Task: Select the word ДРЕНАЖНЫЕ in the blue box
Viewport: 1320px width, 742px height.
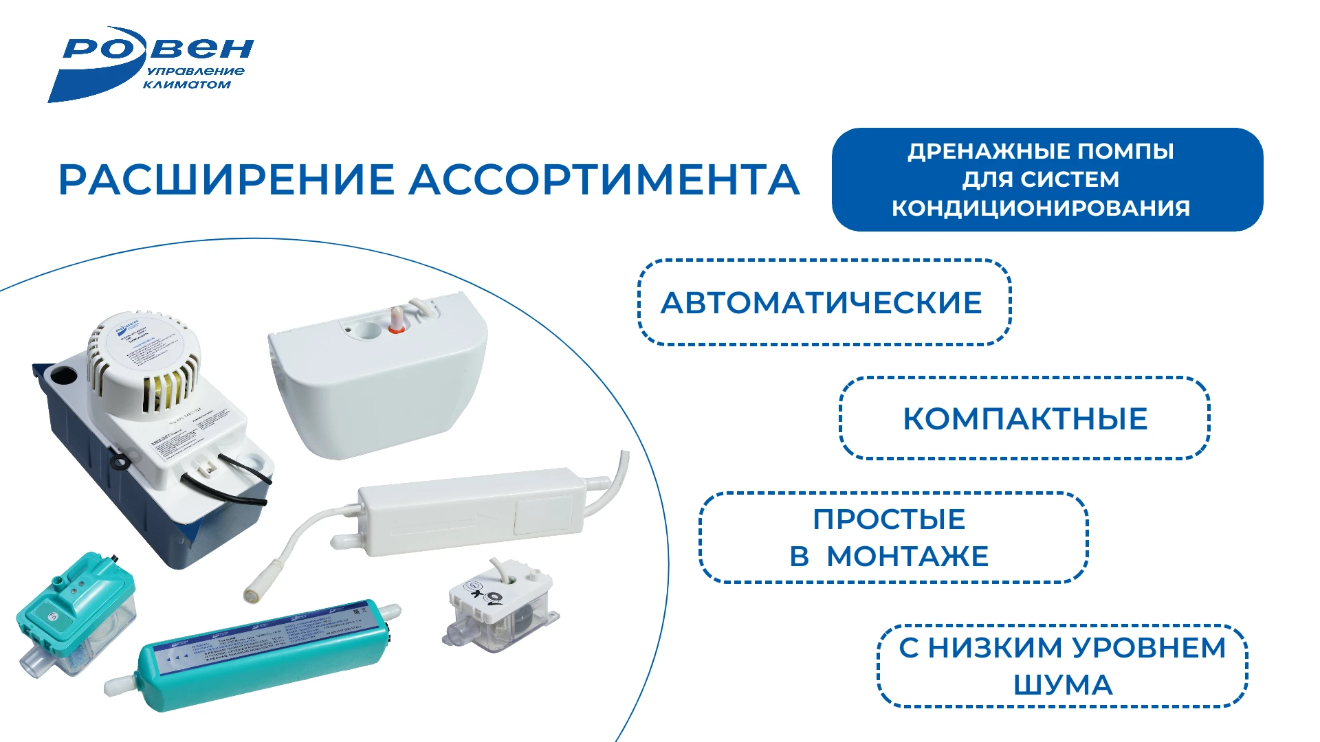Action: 988,151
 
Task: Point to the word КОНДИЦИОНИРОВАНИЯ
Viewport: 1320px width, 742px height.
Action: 1040,207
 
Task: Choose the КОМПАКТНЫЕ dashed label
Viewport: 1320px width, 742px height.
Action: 1024,419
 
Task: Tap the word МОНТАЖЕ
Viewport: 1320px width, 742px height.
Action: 907,556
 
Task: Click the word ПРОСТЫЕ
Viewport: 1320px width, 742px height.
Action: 889,519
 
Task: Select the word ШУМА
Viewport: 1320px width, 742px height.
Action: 1063,685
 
